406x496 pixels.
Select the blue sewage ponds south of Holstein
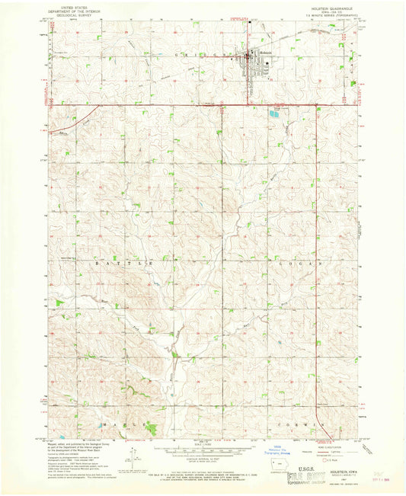tap(273, 114)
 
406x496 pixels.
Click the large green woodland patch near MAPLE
tap(153, 430)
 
